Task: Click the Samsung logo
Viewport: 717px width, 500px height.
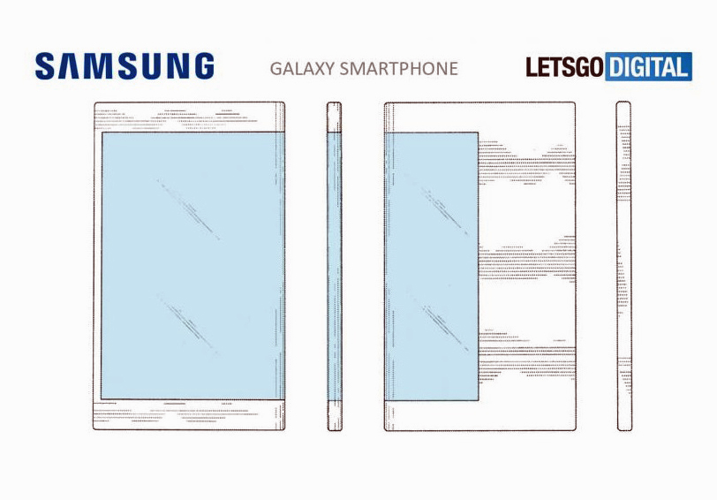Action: (125, 66)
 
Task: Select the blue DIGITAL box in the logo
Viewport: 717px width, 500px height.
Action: (647, 67)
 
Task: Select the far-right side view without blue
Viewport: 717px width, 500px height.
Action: (623, 265)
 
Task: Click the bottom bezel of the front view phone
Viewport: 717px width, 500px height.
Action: (189, 414)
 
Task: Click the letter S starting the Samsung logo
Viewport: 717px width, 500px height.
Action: (46, 66)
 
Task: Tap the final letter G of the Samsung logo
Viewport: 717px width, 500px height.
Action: (201, 66)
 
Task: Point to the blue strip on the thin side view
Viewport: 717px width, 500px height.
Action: (335, 265)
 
